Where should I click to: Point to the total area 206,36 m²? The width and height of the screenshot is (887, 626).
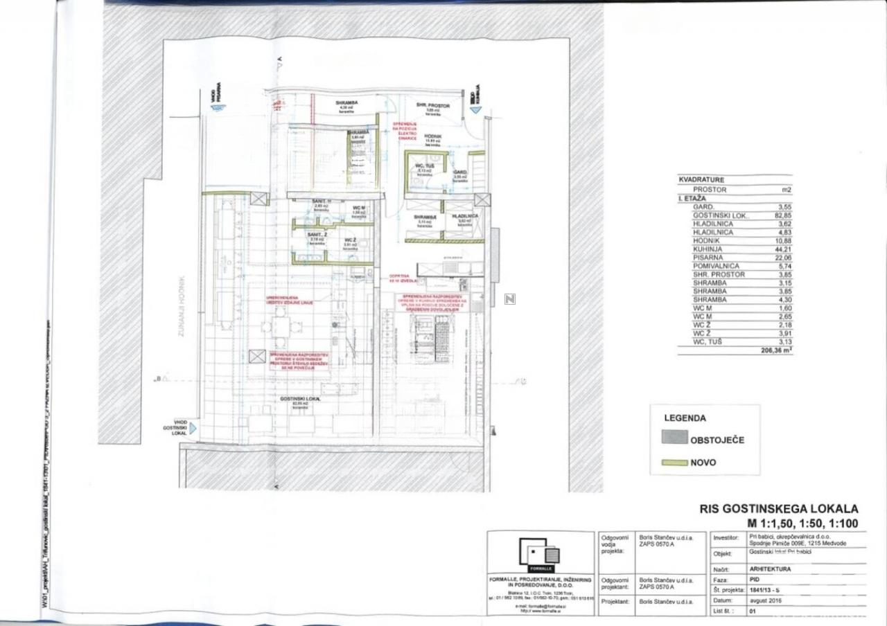click(x=776, y=351)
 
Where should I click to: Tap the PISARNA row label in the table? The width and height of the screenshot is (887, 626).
click(x=708, y=258)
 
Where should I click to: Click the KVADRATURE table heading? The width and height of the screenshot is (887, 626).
click(x=701, y=180)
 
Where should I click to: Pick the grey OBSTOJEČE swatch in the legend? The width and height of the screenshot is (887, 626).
click(x=674, y=438)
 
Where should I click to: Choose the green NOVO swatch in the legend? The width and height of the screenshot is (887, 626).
click(x=674, y=462)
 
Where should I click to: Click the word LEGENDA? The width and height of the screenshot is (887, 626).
click(x=685, y=418)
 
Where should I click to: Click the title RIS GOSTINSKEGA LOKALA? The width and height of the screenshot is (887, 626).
click(x=779, y=509)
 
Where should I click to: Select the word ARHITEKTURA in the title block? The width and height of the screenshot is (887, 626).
click(x=770, y=569)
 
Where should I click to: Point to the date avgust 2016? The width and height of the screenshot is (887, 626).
click(x=765, y=600)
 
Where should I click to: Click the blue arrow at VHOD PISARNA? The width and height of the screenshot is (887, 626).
click(x=219, y=107)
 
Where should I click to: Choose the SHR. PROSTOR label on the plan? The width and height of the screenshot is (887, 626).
click(x=433, y=106)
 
